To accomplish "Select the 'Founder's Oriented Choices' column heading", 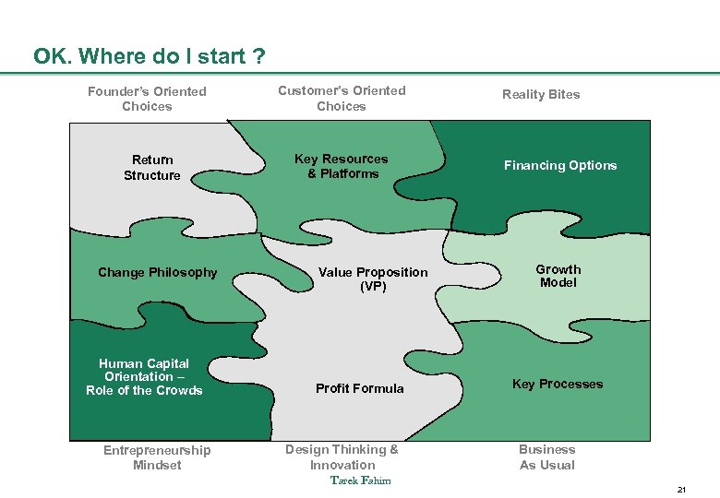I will (x=147, y=99).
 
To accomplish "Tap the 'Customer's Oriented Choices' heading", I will (x=342, y=98).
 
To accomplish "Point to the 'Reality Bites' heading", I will (x=541, y=94).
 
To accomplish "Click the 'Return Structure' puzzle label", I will (x=152, y=167).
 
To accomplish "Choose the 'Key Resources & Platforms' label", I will (x=342, y=166).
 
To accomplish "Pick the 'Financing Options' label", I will (x=559, y=165).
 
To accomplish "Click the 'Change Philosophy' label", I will (x=158, y=272).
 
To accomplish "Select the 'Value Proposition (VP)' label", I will (x=373, y=279).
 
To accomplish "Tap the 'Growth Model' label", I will (x=558, y=276).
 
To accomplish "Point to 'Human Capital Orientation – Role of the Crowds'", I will (x=144, y=376).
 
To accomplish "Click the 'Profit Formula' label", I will (x=359, y=388).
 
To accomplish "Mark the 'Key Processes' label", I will (x=558, y=384).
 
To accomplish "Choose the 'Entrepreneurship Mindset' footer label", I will (x=157, y=457).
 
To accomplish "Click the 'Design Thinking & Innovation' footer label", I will (x=342, y=457).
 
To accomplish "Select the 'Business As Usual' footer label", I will (x=546, y=457).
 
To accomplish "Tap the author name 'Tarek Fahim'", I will (x=361, y=480).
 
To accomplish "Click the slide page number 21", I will (x=681, y=488).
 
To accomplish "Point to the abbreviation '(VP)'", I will (x=373, y=287).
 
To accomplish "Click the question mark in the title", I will (x=259, y=57).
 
